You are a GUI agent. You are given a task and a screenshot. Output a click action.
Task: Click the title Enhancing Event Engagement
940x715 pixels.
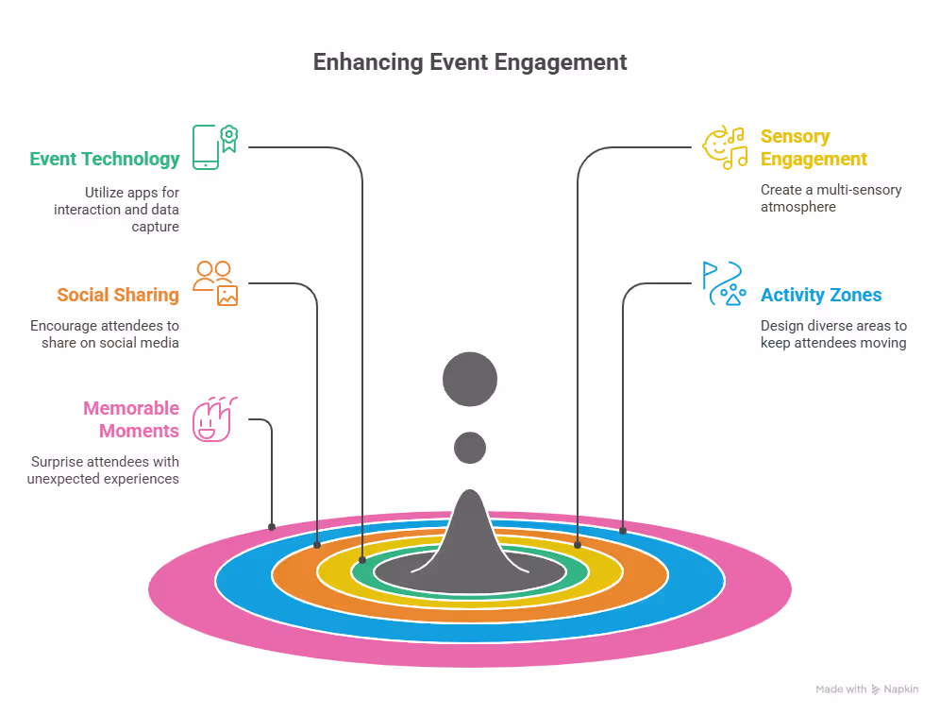coord(469,62)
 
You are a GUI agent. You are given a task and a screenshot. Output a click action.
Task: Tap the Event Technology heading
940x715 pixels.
coord(104,159)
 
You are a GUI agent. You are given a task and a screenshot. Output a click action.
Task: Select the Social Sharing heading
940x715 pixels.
coord(117,295)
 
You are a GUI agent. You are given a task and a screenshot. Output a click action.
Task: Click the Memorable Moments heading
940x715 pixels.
coord(130,419)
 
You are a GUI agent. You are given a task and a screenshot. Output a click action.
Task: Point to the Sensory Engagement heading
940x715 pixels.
coord(813,147)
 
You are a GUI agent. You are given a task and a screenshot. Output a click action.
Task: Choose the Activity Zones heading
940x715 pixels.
coord(820,295)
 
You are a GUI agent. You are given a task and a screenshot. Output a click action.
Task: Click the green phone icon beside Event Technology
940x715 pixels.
coord(214,146)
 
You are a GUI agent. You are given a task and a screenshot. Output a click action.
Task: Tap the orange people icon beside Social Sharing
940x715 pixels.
coord(215,282)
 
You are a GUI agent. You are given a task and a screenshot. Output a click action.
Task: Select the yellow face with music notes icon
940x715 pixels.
coord(725,147)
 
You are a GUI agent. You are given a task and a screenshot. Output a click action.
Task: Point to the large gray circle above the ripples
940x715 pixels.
coord(469,379)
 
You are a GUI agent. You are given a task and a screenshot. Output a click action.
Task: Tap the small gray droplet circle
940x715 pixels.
coord(469,447)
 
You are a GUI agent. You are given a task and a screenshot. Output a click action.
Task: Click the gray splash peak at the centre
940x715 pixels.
coord(469,538)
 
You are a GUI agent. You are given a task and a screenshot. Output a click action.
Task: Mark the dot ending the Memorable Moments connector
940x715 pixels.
coord(272,526)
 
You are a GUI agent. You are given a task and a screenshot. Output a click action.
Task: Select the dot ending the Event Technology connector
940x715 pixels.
coord(362,560)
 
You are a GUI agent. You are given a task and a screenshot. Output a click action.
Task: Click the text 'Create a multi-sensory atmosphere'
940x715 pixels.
coord(831,198)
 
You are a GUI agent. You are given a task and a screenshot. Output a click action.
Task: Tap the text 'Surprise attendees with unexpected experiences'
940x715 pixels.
coord(105,470)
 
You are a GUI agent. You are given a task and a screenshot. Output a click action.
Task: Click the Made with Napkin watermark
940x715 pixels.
coord(866,689)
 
